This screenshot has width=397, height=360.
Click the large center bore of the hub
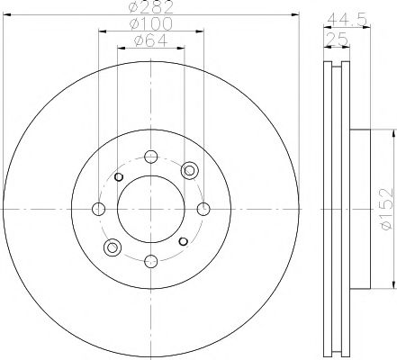(150, 208)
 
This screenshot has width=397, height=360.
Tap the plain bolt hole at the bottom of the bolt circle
(150, 261)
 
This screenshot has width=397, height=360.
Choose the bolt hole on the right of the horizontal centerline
(203, 208)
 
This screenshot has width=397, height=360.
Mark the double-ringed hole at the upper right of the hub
(188, 170)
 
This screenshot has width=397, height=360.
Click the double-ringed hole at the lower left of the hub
(113, 246)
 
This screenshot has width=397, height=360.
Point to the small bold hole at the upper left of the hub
(118, 175)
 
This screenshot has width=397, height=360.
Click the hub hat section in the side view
(358, 208)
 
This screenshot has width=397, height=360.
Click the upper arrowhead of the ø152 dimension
(393, 130)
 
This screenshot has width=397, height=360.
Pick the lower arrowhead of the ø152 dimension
(393, 285)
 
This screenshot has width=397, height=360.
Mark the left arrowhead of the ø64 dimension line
(119, 49)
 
